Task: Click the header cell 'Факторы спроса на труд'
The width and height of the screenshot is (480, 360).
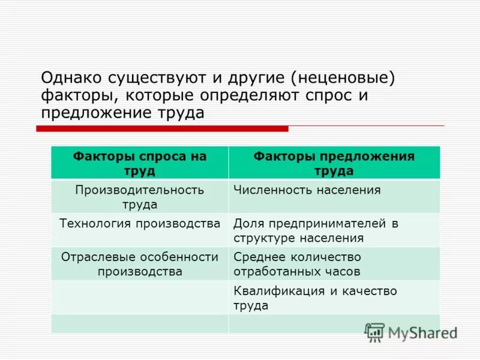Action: click(x=139, y=163)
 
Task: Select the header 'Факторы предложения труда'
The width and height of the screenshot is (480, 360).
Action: click(x=334, y=163)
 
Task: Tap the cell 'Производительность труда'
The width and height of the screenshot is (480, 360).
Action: click(x=139, y=197)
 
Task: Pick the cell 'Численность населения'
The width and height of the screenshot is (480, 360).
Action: click(x=307, y=190)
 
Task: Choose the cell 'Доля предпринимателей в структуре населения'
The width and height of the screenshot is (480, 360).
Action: click(x=316, y=230)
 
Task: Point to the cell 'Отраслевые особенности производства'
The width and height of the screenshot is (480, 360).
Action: click(x=139, y=264)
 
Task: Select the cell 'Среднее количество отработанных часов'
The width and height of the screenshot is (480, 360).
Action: click(x=298, y=264)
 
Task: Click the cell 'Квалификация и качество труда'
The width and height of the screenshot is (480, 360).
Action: click(x=316, y=298)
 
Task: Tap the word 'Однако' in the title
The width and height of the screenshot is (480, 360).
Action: click(x=71, y=77)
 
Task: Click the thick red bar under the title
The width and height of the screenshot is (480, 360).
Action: click(x=162, y=128)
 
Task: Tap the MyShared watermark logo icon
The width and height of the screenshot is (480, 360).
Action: click(x=374, y=332)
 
